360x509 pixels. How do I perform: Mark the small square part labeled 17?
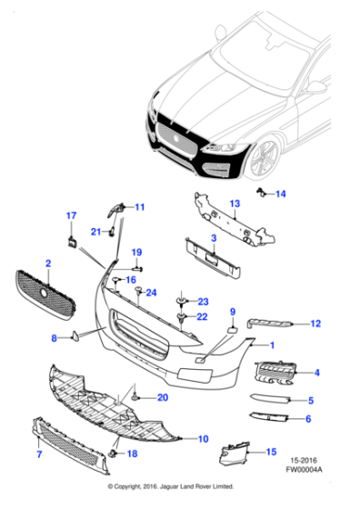(70, 241)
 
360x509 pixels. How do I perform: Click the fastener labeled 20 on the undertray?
(135, 398)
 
